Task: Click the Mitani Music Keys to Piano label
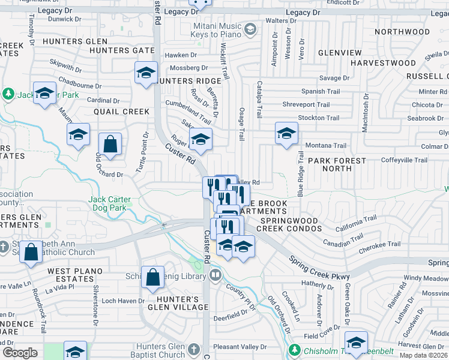[216, 30]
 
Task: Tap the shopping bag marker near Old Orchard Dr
[110, 145]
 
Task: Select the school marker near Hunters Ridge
[146, 73]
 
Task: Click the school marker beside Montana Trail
[286, 133]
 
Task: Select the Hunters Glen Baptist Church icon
[193, 349]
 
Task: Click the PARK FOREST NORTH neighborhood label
[337, 164]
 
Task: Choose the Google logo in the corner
[20, 352]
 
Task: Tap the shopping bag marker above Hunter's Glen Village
[153, 278]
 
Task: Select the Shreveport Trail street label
[306, 104]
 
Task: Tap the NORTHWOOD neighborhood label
[402, 32]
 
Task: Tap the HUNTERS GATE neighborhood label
[130, 50]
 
